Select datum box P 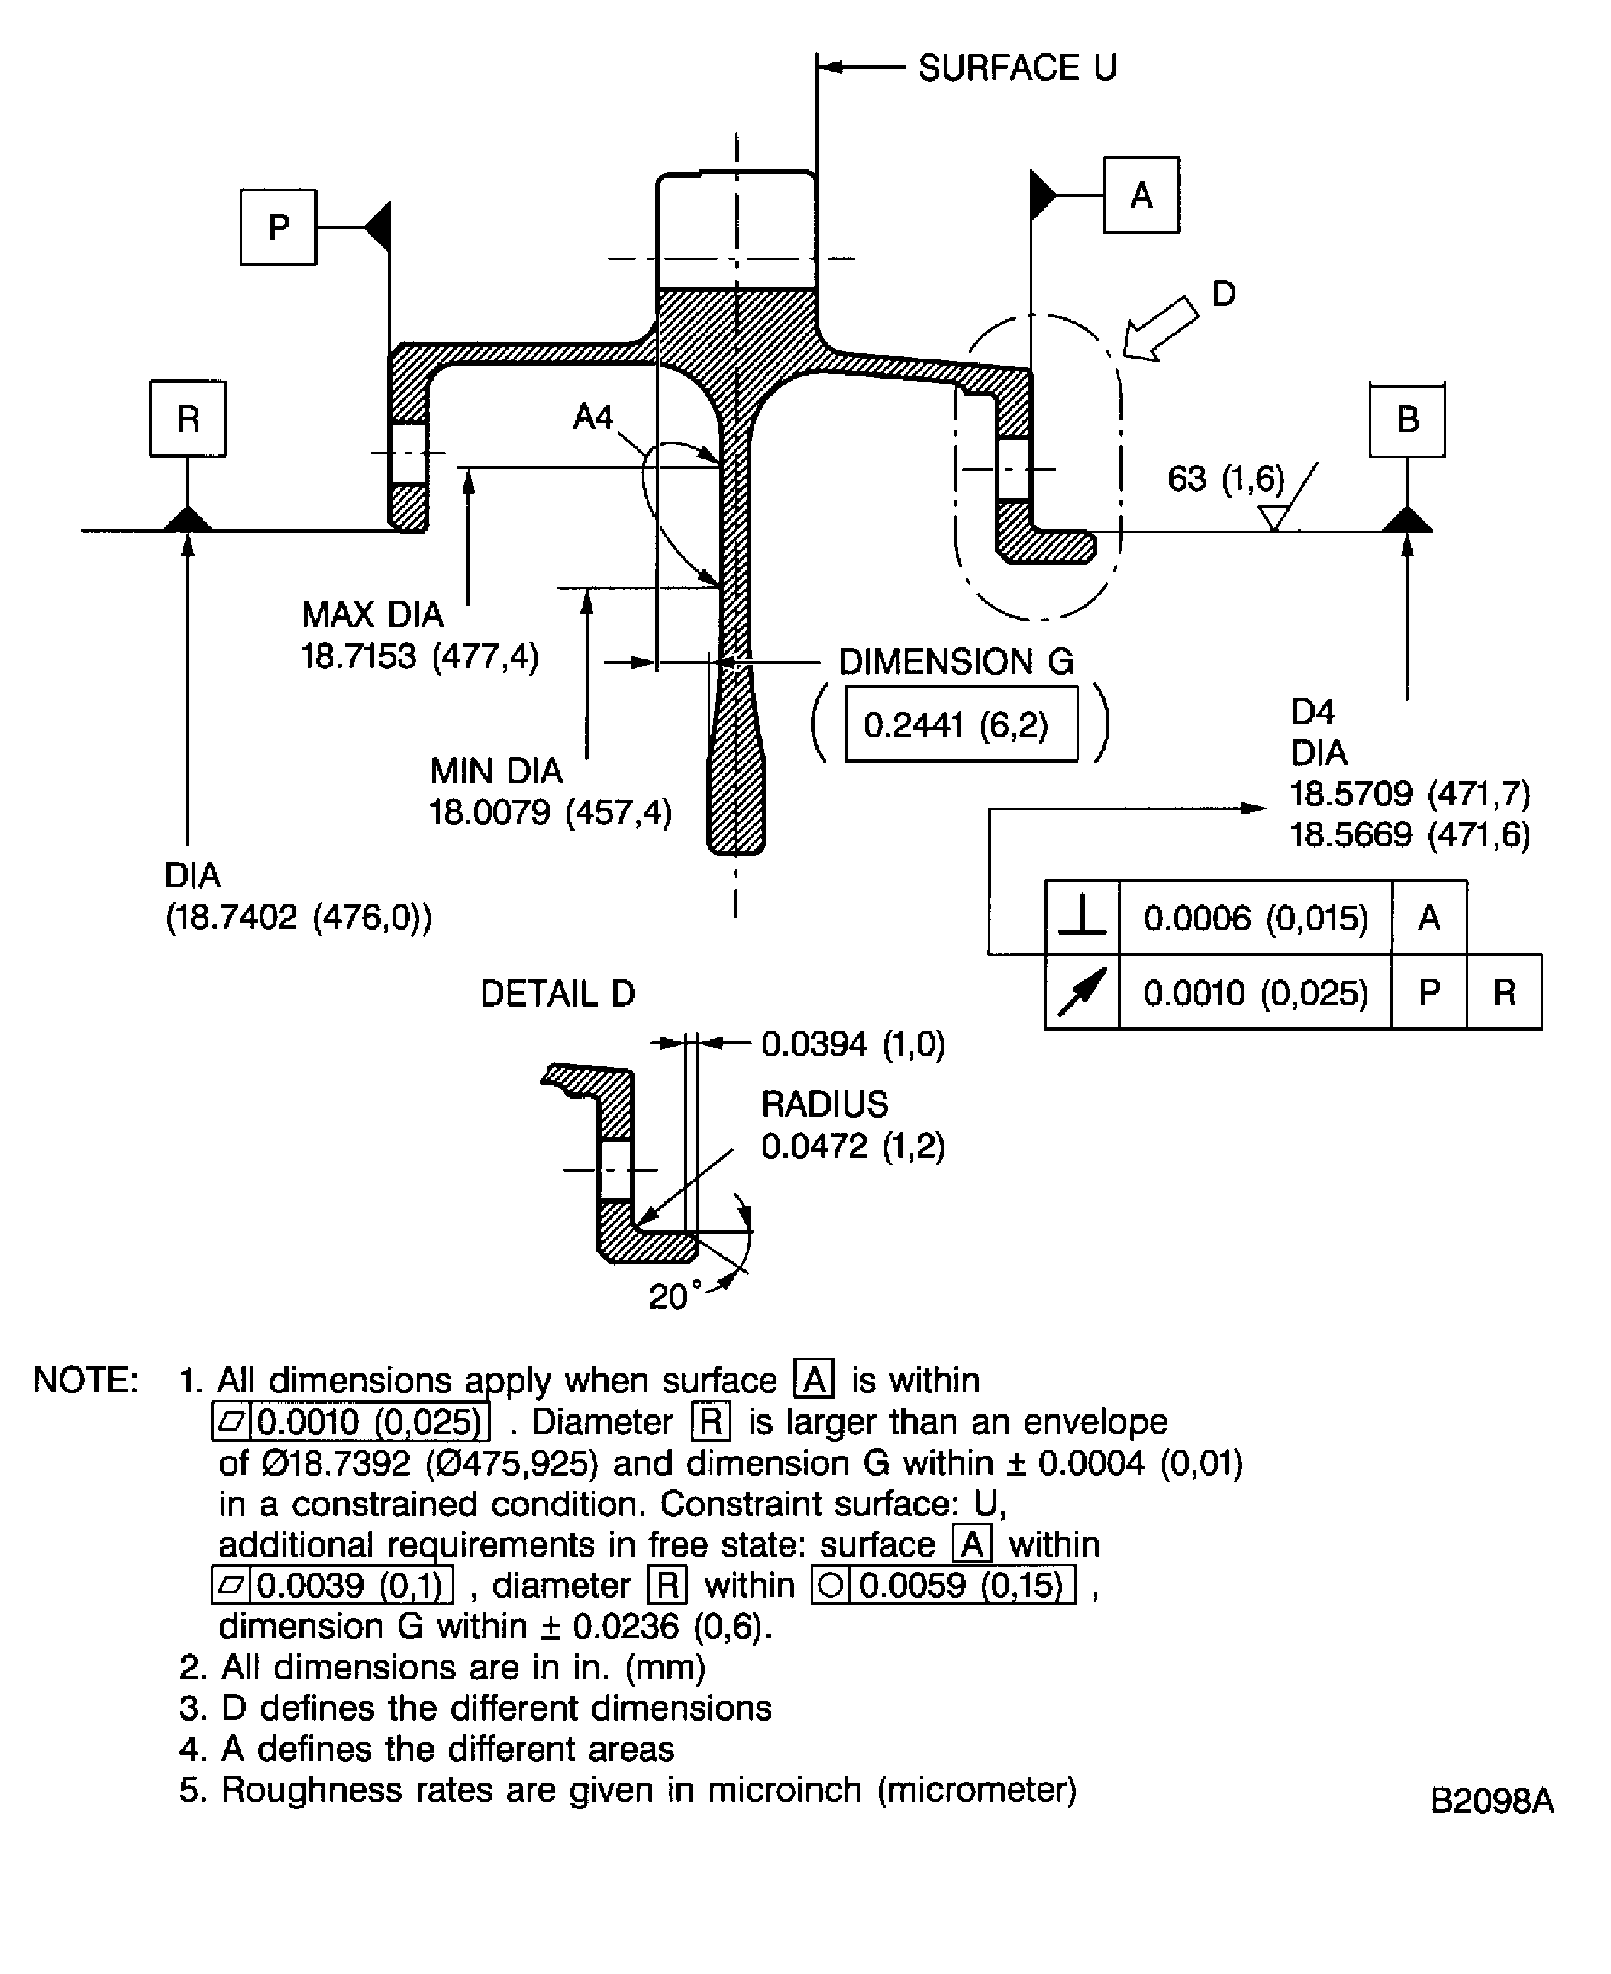tap(278, 227)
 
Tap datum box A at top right tap(1140, 195)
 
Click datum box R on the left tap(188, 419)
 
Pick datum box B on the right tap(1407, 419)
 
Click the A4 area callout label tap(592, 417)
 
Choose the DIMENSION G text tap(956, 662)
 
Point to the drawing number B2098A tap(1491, 1800)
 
